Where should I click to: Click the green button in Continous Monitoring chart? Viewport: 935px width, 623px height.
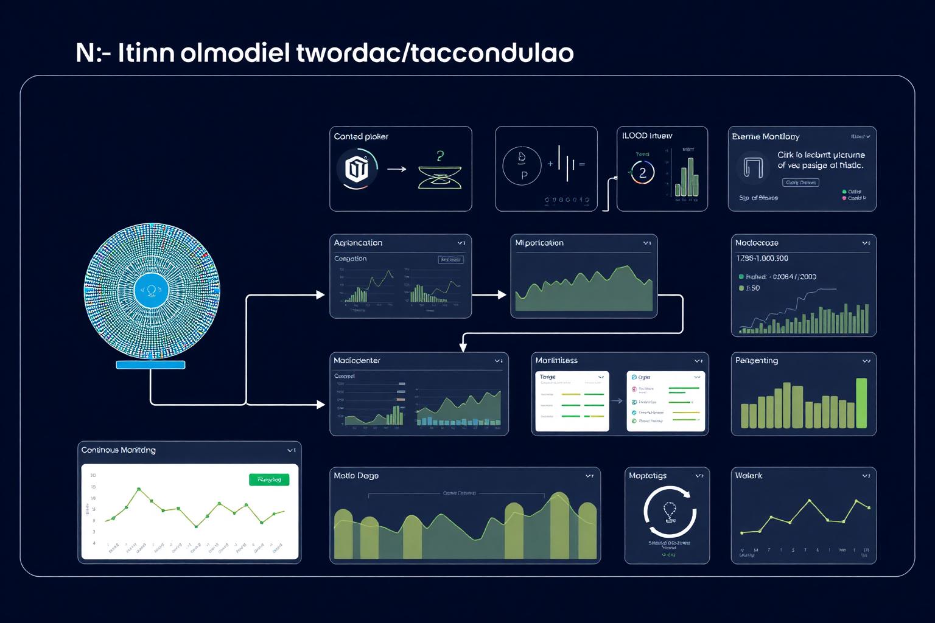(x=269, y=479)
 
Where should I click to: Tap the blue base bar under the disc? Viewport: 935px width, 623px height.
(x=150, y=365)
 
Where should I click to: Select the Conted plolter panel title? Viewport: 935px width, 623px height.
(x=361, y=136)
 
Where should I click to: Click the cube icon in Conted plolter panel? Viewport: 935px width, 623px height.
(x=357, y=169)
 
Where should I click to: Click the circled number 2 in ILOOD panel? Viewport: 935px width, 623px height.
(x=642, y=173)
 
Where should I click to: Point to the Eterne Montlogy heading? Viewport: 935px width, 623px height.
(x=765, y=136)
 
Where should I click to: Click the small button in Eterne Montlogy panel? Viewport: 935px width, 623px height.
(x=800, y=183)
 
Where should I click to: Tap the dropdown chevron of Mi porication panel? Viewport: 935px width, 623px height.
(x=646, y=243)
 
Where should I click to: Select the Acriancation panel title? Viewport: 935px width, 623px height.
(x=358, y=243)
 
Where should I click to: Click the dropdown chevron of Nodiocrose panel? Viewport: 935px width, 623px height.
(x=866, y=243)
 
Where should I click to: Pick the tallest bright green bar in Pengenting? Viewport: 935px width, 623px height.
(x=861, y=403)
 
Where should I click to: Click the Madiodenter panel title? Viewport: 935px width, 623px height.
(x=357, y=360)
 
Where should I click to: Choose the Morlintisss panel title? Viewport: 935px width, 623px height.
(x=556, y=360)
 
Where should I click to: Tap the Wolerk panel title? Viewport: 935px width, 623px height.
(x=749, y=475)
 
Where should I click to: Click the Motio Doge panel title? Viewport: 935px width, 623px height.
(x=356, y=475)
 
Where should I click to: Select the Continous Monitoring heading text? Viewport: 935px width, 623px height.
(x=119, y=450)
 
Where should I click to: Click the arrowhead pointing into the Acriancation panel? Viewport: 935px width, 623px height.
(x=321, y=295)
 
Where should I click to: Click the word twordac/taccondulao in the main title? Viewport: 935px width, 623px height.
(x=435, y=53)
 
